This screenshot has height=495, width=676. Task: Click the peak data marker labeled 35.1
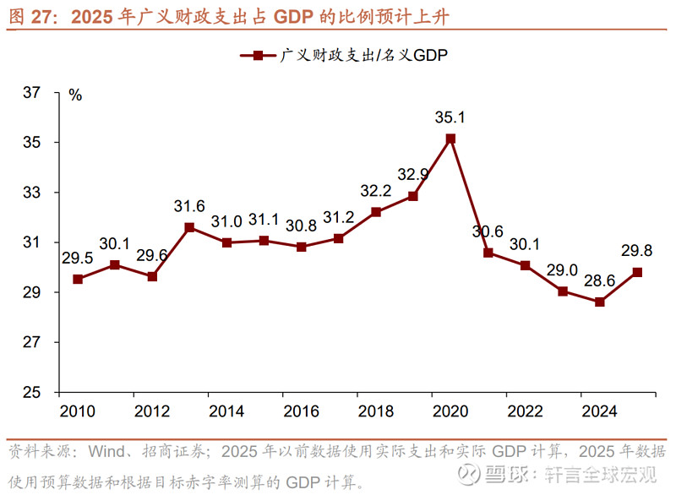450,139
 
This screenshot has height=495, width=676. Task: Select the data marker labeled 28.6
599,302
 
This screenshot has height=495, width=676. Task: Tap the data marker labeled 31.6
189,227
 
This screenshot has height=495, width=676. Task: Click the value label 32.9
413,174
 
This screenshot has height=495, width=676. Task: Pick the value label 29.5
78,258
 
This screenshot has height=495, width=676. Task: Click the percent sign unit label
75,95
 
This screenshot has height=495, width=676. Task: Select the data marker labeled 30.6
488,253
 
